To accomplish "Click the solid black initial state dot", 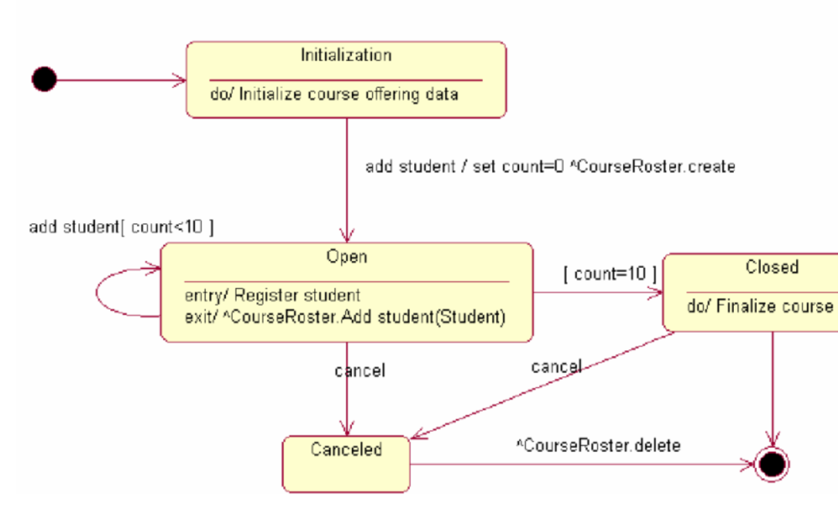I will (44, 80).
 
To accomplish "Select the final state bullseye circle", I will (772, 464).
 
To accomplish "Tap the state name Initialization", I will (346, 55).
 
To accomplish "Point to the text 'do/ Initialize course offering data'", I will (335, 95).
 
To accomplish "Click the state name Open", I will (346, 256).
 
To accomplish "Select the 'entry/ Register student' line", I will (272, 295).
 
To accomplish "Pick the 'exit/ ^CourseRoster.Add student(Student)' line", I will (345, 317).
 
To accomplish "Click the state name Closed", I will (771, 267).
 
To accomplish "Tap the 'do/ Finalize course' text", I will (760, 306).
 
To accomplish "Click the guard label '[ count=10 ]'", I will (610, 274).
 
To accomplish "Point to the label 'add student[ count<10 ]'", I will (121, 227).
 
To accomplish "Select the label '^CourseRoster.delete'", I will (598, 446).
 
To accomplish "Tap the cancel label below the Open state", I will (360, 371).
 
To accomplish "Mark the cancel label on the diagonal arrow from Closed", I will (556, 366).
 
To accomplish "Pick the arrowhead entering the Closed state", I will (656, 293).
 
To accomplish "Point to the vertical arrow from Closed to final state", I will (773, 386).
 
